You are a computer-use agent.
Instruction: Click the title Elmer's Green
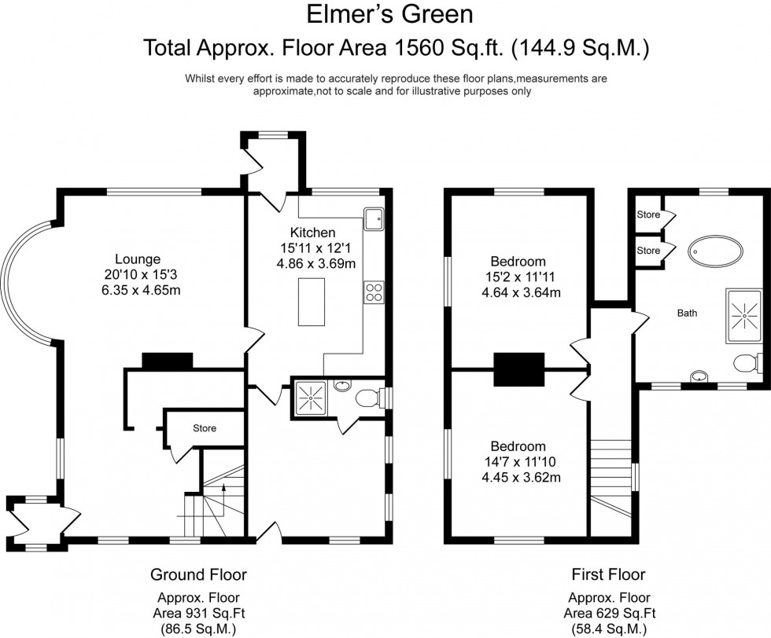(385, 14)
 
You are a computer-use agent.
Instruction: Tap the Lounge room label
(138, 258)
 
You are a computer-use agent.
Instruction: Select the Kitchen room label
(313, 233)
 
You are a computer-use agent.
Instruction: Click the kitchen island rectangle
(312, 302)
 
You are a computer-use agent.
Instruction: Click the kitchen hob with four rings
(372, 293)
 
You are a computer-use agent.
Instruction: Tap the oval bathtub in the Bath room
(715, 251)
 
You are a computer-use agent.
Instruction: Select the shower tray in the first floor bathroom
(743, 313)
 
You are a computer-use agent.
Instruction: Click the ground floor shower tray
(311, 395)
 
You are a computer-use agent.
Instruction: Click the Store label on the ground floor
(204, 428)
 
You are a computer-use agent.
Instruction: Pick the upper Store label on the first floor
(647, 214)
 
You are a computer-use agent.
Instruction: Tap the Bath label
(687, 313)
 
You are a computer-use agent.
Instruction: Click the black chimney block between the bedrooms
(519, 370)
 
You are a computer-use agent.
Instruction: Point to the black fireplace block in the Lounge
(167, 361)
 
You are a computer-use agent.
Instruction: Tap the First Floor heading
(609, 574)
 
